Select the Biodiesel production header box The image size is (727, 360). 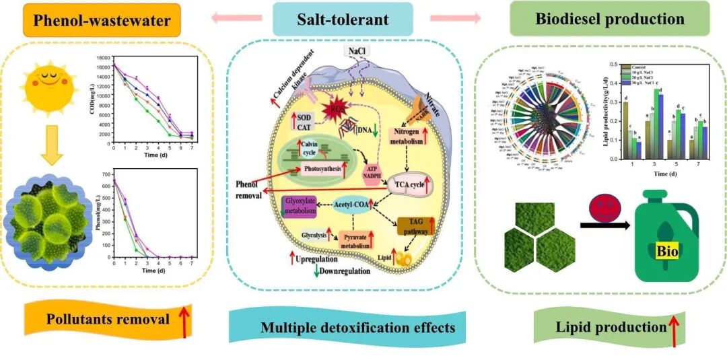[610, 18]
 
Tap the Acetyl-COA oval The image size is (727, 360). [353, 206]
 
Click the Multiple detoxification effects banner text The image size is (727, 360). [357, 328]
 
